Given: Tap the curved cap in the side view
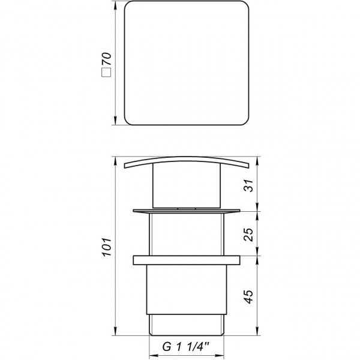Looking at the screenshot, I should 186,163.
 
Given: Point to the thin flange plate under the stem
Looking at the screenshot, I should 186,211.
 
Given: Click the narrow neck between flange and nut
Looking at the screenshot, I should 186,235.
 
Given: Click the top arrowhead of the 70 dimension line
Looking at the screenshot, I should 116,8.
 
